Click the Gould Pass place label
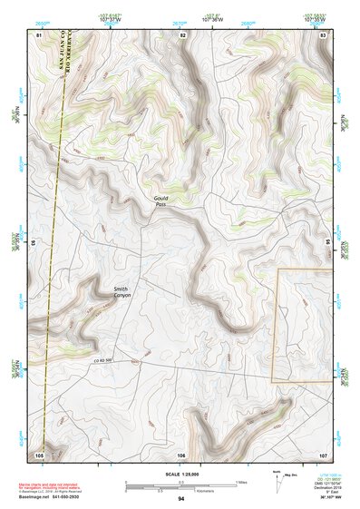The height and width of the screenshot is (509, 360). click(161, 201)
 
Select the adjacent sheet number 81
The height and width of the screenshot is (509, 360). click(39, 34)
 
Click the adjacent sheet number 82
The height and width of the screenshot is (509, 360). click(182, 34)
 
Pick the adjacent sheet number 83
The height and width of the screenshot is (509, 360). click(323, 34)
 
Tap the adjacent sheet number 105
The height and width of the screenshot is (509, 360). click(39, 454)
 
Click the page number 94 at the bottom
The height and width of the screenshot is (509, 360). click(181, 499)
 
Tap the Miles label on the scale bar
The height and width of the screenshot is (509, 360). click(239, 481)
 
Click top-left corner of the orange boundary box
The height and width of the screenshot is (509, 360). click(277, 269)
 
